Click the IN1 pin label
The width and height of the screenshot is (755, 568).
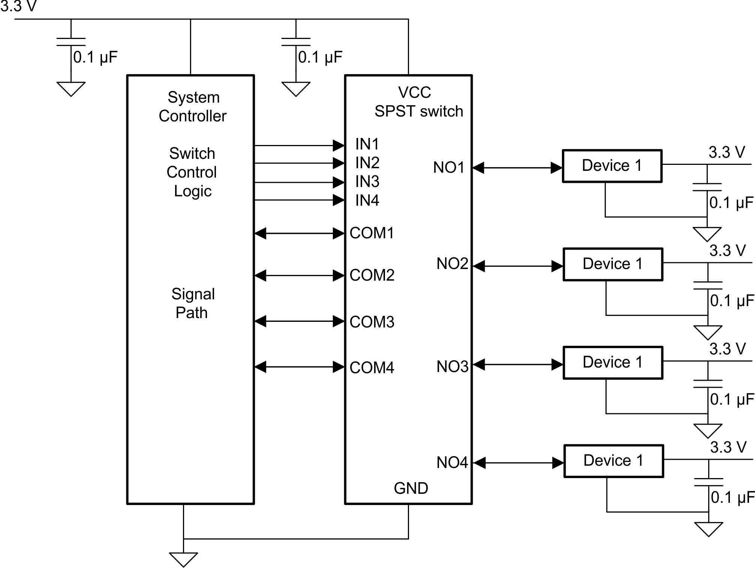[367, 144]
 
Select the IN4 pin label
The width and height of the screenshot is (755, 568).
[367, 200]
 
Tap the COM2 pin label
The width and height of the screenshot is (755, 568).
[372, 275]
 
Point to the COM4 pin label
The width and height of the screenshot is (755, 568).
[372, 368]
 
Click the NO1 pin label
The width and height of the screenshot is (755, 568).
[449, 167]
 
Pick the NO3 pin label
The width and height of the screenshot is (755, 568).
[452, 366]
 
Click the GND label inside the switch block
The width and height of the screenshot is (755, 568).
[411, 488]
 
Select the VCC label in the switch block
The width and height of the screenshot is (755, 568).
[414, 93]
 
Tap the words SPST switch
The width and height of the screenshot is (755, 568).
[419, 111]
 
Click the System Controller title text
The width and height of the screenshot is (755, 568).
[193, 107]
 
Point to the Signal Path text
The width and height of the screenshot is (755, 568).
[193, 303]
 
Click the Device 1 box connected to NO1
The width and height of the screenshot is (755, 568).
[612, 166]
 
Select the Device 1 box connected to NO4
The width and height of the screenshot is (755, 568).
[613, 461]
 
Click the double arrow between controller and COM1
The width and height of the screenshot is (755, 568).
[299, 233]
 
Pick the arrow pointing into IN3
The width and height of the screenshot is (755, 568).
[299, 182]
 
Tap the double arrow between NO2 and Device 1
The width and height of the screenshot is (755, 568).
[518, 266]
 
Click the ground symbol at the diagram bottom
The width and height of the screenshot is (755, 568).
[183, 559]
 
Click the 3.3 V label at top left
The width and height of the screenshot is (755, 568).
[18, 6]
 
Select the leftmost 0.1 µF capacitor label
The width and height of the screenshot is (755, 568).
[95, 57]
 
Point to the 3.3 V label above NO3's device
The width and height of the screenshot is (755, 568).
[727, 349]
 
